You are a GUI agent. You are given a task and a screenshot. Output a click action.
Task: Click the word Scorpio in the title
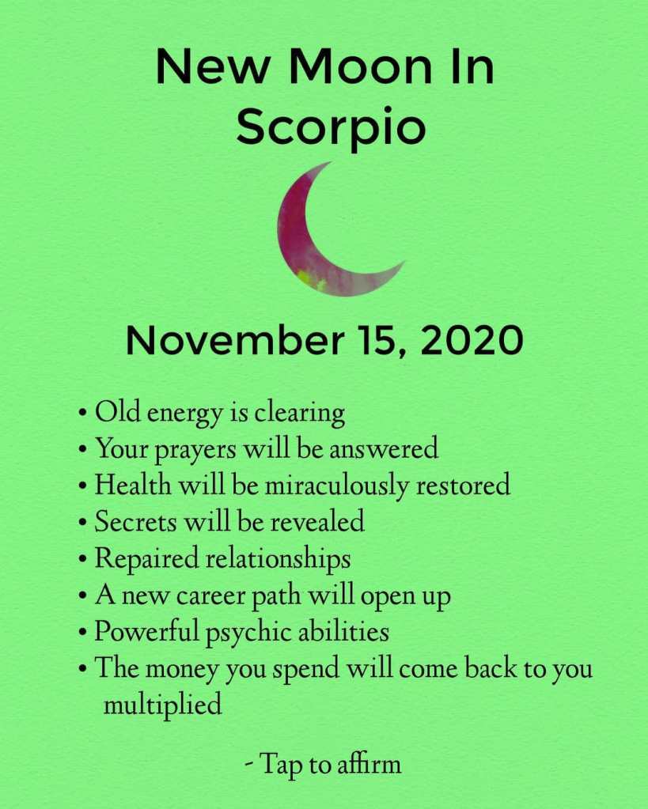[331, 126]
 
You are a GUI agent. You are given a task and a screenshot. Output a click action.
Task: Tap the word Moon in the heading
[360, 66]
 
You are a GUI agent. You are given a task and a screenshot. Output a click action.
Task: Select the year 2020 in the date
[472, 340]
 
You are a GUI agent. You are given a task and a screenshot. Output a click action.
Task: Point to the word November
[235, 340]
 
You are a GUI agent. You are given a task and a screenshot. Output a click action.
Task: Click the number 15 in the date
[382, 341]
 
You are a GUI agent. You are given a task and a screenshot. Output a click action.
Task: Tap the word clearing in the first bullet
[300, 414]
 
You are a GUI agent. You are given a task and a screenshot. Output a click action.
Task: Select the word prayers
[195, 450]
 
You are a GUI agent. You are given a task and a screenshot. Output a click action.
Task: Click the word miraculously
[336, 485]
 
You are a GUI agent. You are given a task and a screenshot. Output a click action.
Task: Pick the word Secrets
[135, 521]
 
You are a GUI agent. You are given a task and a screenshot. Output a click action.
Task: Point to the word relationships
[279, 559]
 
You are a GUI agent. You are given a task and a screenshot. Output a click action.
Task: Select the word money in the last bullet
[181, 670]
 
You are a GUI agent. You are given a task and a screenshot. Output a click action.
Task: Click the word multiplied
[163, 705]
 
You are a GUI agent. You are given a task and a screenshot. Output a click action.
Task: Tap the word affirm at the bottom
[369, 764]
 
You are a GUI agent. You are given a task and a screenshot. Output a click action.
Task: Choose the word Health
[133, 485]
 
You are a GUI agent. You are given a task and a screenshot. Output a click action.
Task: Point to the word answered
[384, 449]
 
